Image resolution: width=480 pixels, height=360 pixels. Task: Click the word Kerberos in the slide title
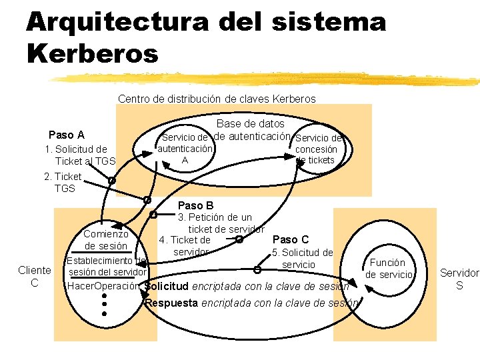click(93, 53)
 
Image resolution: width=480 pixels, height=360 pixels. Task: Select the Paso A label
click(67, 135)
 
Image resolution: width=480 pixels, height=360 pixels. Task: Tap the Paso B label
click(195, 205)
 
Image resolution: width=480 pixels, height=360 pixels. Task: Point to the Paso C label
click(291, 239)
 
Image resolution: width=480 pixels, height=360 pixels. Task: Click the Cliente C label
click(34, 276)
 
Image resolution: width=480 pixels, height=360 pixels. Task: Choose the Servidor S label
click(459, 279)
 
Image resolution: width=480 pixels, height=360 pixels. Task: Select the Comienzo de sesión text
click(106, 240)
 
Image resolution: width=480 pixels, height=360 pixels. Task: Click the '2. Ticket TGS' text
click(63, 183)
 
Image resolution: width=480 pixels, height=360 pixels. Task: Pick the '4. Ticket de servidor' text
click(188, 246)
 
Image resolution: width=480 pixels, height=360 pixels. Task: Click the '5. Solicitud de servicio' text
click(302, 259)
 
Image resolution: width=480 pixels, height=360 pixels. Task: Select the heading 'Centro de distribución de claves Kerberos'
click(217, 99)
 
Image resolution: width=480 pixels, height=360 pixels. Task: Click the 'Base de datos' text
click(250, 123)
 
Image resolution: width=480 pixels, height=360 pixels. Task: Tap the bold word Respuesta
click(171, 303)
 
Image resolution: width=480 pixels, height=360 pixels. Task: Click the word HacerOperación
click(103, 287)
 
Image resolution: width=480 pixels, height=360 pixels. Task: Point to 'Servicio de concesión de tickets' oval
click(317, 150)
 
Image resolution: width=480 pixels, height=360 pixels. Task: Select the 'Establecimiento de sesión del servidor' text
click(107, 266)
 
